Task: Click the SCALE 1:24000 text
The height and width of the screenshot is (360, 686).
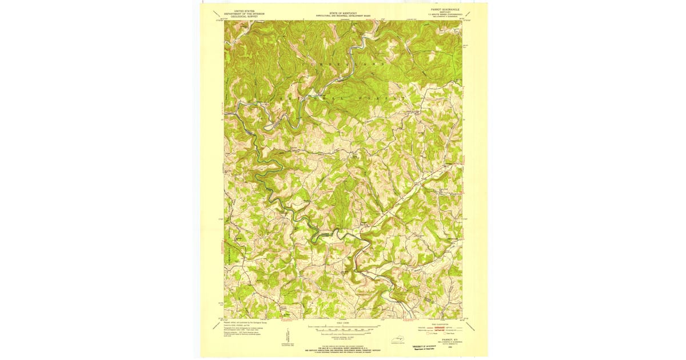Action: (x=343, y=323)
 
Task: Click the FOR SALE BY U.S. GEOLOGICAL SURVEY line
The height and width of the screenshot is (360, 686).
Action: (x=343, y=346)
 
